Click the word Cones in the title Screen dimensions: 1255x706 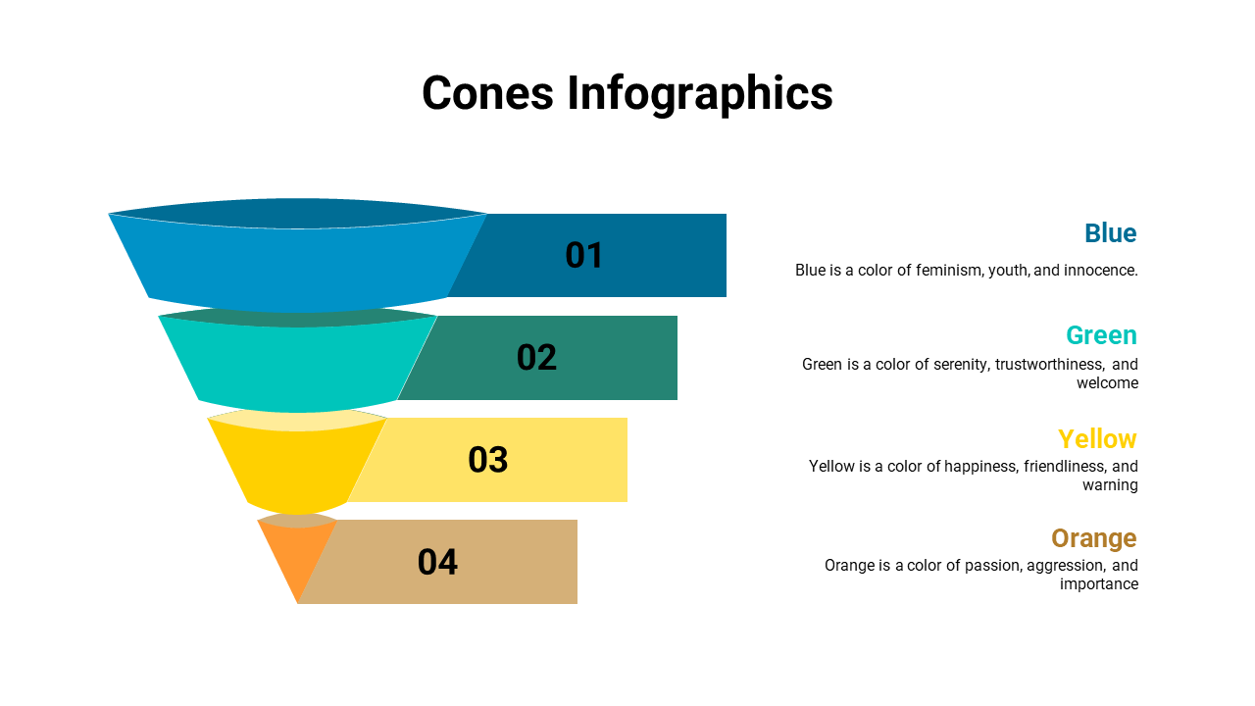coord(487,92)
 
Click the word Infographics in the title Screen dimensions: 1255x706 coord(700,95)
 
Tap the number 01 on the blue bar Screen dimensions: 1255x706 coord(583,256)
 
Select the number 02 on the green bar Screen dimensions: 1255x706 coord(536,358)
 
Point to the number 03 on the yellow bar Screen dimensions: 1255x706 coord(488,460)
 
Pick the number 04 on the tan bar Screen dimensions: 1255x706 coord(437,562)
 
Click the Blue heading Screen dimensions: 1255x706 coord(1111,233)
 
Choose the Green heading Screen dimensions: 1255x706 coord(1101,335)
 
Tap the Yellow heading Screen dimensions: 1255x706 coord(1097,438)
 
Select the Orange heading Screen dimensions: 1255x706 coord(1094,539)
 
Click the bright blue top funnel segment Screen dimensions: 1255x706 coord(297,264)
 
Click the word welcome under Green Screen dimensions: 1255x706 coord(1107,383)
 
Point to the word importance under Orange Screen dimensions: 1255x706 coord(1099,584)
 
